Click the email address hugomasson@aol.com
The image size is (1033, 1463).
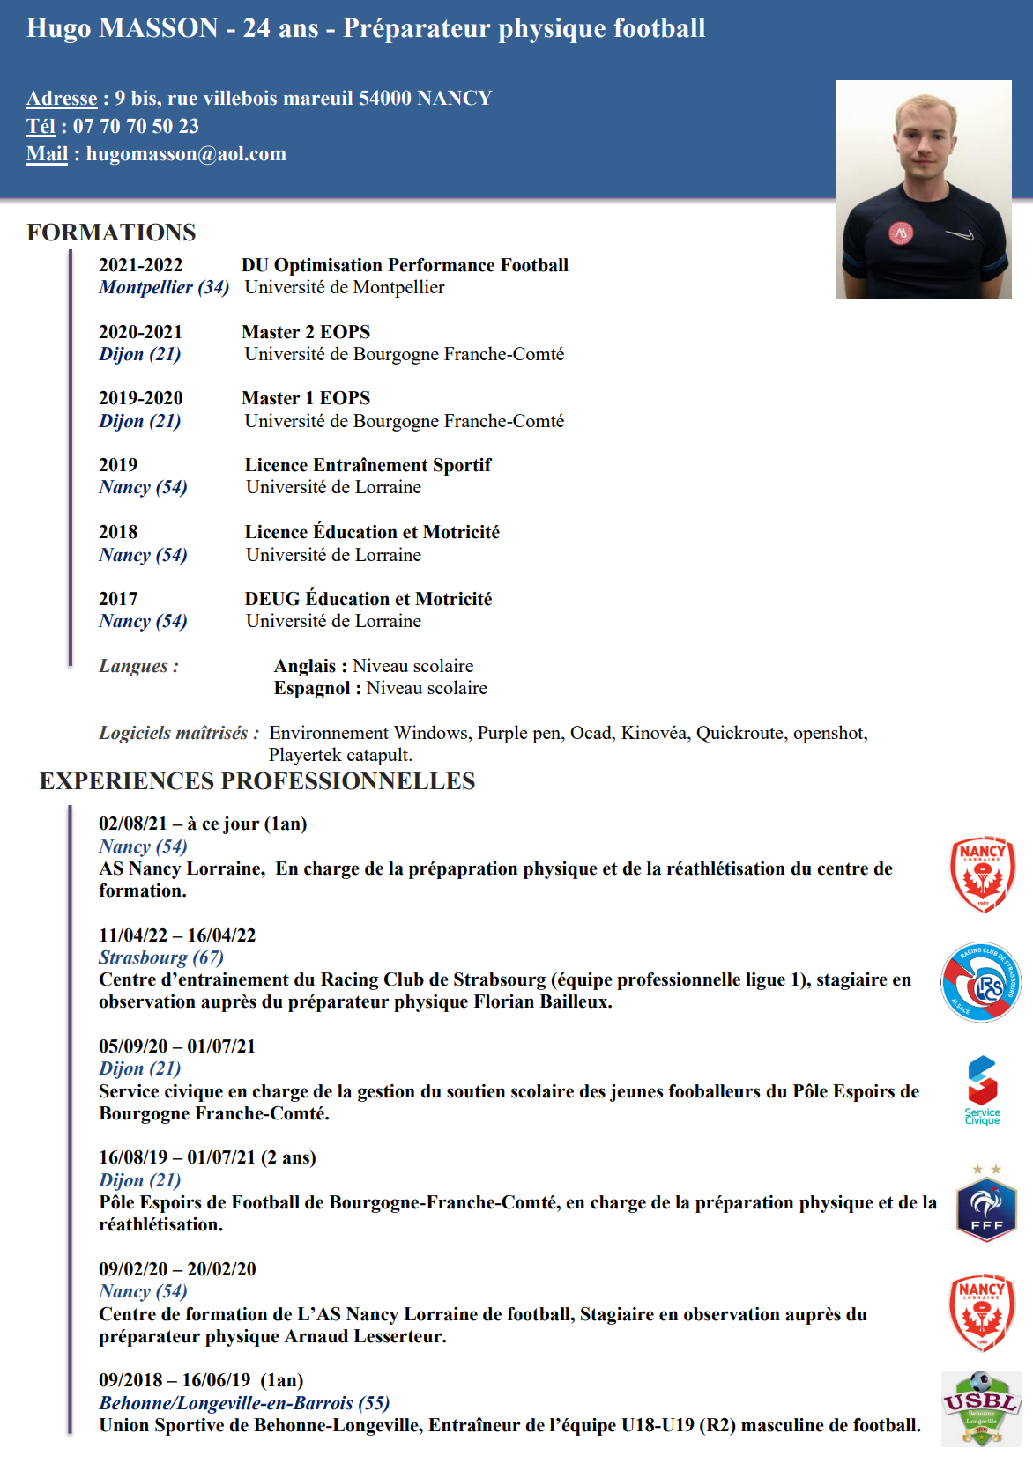coord(186,154)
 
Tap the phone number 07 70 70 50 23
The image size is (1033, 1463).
coord(136,126)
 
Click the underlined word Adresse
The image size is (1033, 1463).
coord(62,98)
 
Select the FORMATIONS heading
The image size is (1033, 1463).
coord(111,233)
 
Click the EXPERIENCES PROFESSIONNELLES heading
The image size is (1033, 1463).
coord(257,781)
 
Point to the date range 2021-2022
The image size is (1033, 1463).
coord(141,265)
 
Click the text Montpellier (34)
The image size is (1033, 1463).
coord(164,287)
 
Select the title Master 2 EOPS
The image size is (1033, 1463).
coord(306,332)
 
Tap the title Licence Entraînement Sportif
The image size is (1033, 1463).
coord(368,465)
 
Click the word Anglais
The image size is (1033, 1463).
coord(305,666)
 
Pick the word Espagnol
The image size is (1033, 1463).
coord(312,688)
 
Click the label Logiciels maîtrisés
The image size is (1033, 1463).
coord(175,733)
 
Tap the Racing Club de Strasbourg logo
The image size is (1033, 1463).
coord(981,981)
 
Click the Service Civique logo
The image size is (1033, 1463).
coord(982,1090)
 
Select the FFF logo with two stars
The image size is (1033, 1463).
coord(986,1205)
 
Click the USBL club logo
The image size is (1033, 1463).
coord(981,1408)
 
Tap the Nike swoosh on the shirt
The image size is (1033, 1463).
coord(960,234)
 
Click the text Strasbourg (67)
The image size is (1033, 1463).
coord(160,957)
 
